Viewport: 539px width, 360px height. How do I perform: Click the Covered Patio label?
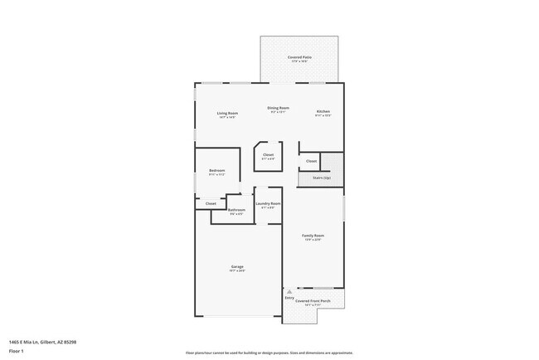(x=299, y=56)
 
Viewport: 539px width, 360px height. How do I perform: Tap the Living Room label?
(x=227, y=113)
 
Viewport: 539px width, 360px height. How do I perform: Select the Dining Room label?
(x=278, y=108)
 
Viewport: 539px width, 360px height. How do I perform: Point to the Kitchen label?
(x=323, y=111)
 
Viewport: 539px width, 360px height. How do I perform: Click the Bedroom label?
(x=217, y=170)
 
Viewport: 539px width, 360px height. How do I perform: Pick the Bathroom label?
(x=236, y=210)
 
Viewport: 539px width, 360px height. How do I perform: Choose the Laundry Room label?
(x=268, y=203)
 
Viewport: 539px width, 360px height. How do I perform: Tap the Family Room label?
(x=313, y=236)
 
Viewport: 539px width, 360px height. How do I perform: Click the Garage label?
(x=236, y=266)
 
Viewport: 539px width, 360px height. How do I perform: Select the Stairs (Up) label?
(x=321, y=177)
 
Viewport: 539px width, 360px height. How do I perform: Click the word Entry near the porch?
(x=289, y=297)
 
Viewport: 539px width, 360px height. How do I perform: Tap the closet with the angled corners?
(x=268, y=155)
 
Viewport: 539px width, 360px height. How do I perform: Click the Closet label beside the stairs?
(x=311, y=161)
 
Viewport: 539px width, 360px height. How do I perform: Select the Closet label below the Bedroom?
(x=211, y=203)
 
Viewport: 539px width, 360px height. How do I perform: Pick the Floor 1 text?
(x=17, y=351)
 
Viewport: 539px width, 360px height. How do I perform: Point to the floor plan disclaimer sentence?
(x=269, y=353)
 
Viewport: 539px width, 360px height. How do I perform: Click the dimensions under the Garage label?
(x=236, y=270)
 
